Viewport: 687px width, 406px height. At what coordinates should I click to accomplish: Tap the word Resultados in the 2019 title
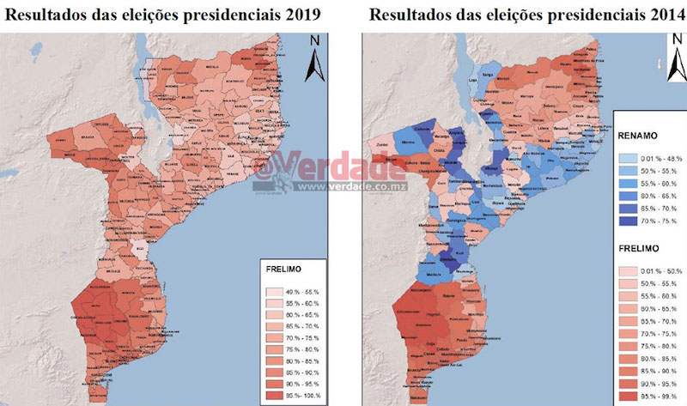coord(50,15)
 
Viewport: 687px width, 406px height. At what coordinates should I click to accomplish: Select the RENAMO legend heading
coord(636,134)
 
